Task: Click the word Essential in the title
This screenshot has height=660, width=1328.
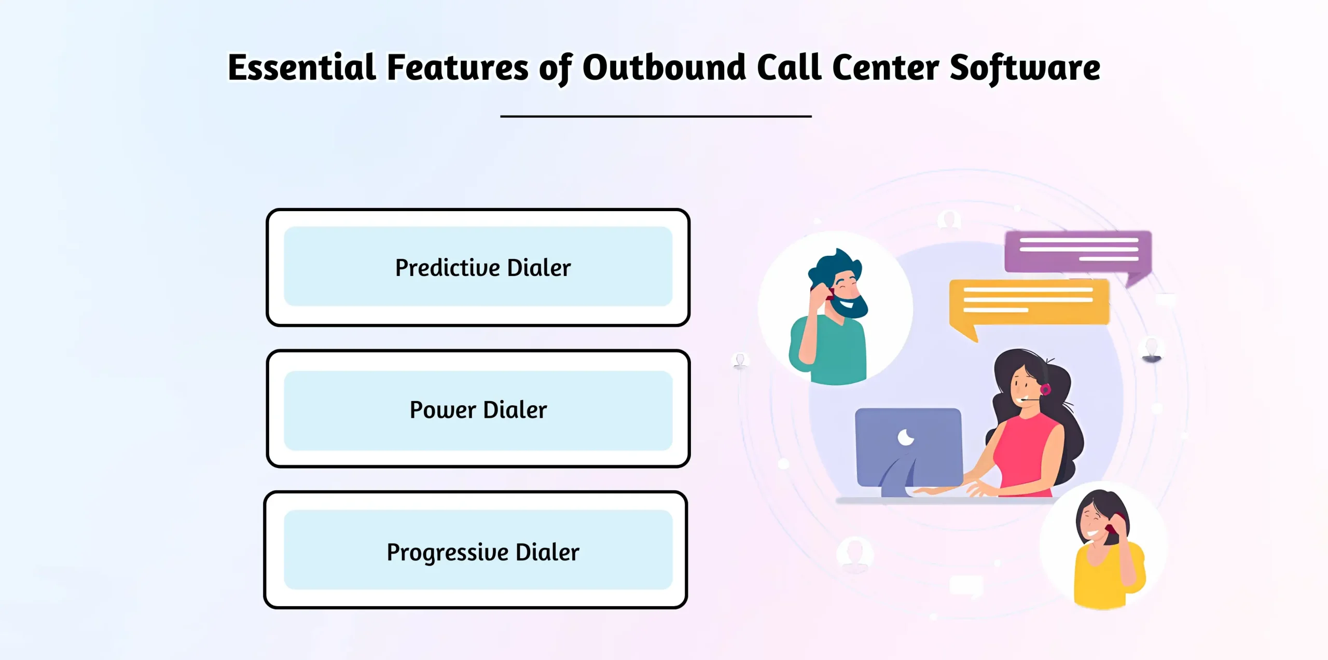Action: click(302, 67)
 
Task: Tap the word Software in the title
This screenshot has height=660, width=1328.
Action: click(1025, 67)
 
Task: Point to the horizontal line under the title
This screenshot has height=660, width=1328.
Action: click(656, 116)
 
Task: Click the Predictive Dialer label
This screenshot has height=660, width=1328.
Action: click(483, 268)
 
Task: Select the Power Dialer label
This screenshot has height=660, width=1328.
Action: click(478, 409)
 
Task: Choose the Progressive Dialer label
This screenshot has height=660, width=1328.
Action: click(483, 552)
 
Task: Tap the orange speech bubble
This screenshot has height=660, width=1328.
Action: click(1029, 303)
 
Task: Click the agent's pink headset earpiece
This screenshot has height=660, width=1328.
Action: click(1045, 389)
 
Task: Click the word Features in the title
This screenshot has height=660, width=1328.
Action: click(457, 67)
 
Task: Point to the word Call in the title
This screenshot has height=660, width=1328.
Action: click(789, 67)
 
